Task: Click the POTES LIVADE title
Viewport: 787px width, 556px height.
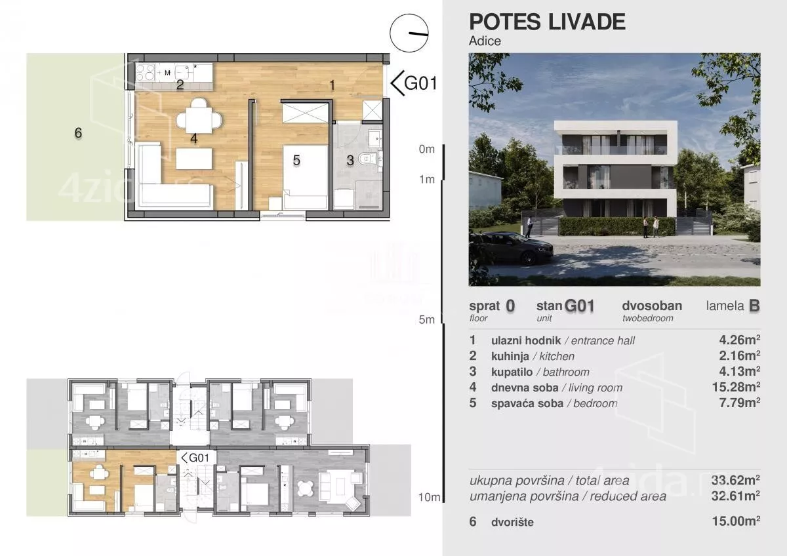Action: click(x=547, y=22)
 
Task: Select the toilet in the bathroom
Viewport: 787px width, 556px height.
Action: click(x=368, y=159)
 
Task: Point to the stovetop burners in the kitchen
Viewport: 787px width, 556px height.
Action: click(x=145, y=72)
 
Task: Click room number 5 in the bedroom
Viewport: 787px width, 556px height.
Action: click(x=296, y=161)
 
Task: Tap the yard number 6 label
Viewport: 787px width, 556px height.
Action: click(x=78, y=132)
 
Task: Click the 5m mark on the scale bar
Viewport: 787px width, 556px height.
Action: click(x=427, y=319)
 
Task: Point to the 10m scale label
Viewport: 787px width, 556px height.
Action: click(x=429, y=497)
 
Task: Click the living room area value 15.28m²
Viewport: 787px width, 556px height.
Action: click(x=736, y=387)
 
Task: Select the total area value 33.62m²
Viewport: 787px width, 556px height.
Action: click(x=736, y=480)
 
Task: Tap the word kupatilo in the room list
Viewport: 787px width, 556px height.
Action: click(x=512, y=372)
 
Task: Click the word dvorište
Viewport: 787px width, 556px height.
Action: click(x=512, y=523)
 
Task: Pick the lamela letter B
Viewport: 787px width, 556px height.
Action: click(x=754, y=306)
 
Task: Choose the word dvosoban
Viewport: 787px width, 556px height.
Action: click(x=652, y=306)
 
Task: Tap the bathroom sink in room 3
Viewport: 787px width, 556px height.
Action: click(x=375, y=138)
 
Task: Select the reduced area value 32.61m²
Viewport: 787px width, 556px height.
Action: click(x=736, y=496)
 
